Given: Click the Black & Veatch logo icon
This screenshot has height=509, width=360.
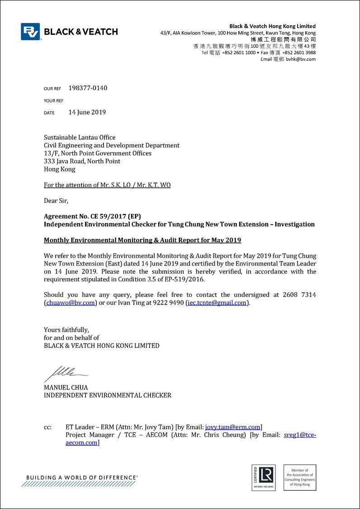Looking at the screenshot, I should coord(30,32).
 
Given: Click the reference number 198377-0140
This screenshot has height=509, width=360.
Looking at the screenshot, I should coord(88,88).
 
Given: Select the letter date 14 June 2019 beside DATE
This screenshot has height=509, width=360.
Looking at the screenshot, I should coord(87,112).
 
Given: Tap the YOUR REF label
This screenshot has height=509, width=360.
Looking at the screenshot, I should coord(53,101).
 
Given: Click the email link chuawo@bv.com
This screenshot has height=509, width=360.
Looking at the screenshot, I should coord(71,303).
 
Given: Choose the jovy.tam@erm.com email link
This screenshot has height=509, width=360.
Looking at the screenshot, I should coord(233,427).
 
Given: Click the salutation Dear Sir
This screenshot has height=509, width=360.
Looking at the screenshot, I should coord(56,200).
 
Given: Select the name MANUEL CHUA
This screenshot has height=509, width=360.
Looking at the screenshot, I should coord(66,387).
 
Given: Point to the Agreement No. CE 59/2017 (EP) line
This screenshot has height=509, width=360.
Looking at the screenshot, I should coord(95,216).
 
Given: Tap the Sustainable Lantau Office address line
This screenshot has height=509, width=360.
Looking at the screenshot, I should coord(80,137).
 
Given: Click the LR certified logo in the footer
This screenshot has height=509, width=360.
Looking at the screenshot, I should coord(263,477).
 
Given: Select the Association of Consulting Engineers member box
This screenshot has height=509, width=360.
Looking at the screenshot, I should coord(299,477).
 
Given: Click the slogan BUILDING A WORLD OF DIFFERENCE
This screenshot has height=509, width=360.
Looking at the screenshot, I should coord(82,477).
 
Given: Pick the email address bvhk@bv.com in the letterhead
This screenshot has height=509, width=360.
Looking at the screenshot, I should coord(301,59).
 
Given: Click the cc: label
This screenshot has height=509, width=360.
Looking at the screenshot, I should coord(47,427).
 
